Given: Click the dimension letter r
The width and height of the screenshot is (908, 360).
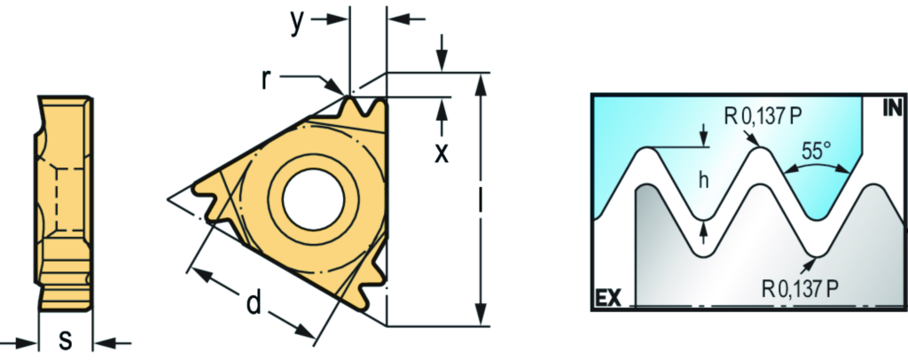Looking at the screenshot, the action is click(x=265, y=81).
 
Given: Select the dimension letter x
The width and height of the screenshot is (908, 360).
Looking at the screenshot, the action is click(x=442, y=153).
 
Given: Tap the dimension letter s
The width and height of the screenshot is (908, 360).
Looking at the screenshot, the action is click(x=66, y=340).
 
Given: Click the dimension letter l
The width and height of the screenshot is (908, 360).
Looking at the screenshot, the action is click(x=481, y=200).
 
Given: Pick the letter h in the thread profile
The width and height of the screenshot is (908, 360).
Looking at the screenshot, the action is click(x=703, y=181).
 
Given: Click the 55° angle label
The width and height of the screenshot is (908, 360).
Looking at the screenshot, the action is click(x=817, y=152).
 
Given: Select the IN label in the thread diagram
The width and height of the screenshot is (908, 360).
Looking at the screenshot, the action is click(x=892, y=107).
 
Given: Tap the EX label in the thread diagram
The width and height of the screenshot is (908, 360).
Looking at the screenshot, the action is click(x=608, y=299).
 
